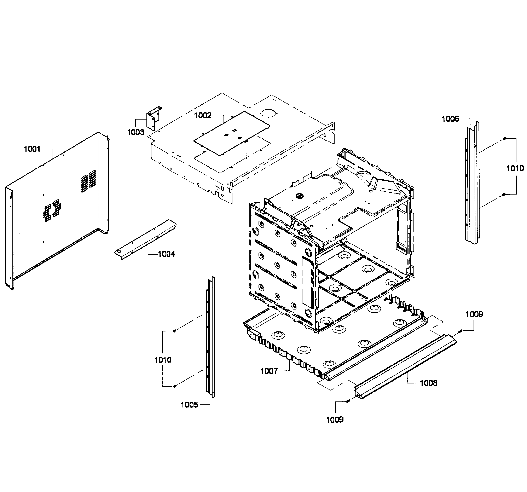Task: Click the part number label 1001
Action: pyautogui.click(x=32, y=149)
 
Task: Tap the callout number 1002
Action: pyautogui.click(x=203, y=115)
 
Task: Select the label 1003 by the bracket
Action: pyautogui.click(x=136, y=132)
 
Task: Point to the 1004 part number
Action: pyautogui.click(x=167, y=254)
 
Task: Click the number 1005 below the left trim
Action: pyautogui.click(x=190, y=405)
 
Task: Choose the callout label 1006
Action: pyautogui.click(x=450, y=119)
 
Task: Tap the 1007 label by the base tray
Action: pyautogui.click(x=269, y=371)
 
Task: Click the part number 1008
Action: pyautogui.click(x=429, y=383)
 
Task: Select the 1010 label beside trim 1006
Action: pyautogui.click(x=515, y=168)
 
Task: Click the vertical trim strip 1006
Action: pyautogui.click(x=472, y=183)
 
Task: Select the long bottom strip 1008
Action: pyautogui.click(x=406, y=367)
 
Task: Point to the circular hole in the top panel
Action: pyautogui.click(x=268, y=113)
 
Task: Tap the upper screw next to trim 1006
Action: pyautogui.click(x=504, y=139)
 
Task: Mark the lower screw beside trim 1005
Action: pyautogui.click(x=175, y=386)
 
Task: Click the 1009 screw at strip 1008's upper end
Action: pyautogui.click(x=461, y=331)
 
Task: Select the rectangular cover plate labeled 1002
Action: pyautogui.click(x=232, y=133)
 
